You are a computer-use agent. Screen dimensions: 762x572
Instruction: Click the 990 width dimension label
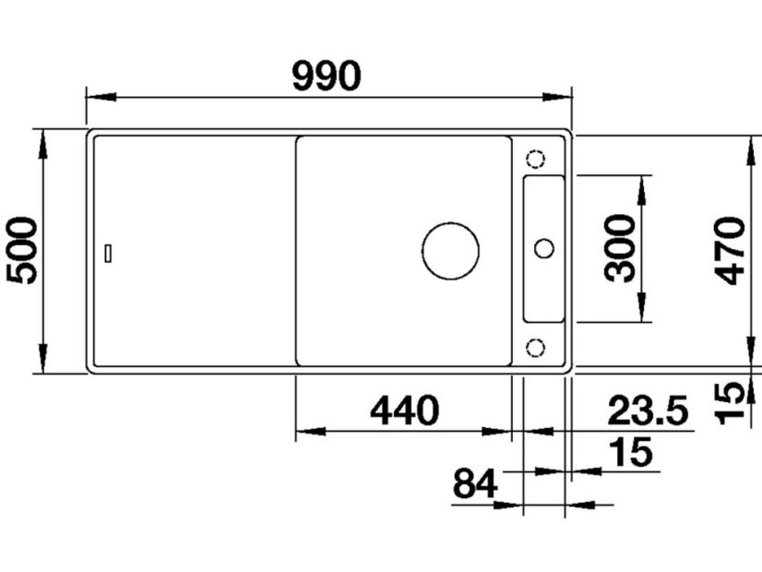(x=327, y=77)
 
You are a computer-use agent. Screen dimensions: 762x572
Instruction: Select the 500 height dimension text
(x=22, y=251)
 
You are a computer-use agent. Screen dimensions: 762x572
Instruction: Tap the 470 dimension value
(x=731, y=251)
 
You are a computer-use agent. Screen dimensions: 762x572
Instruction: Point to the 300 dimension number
(x=620, y=248)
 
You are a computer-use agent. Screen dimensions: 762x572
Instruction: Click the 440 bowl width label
(x=404, y=411)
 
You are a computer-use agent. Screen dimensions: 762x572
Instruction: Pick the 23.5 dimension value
(x=648, y=411)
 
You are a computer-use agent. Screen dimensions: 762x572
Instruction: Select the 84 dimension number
(x=475, y=483)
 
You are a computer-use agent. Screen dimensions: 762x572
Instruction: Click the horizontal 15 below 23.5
(x=631, y=452)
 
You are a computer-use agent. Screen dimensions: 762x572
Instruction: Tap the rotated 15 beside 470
(x=731, y=402)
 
